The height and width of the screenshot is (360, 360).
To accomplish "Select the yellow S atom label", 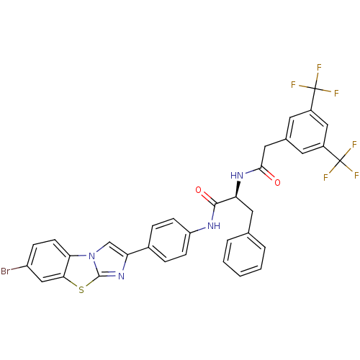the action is click(x=81, y=291).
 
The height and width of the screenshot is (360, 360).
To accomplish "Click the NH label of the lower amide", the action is click(x=212, y=226).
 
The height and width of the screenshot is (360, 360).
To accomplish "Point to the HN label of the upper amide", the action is click(x=238, y=175).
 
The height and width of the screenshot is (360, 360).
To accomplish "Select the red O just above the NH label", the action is click(x=199, y=190).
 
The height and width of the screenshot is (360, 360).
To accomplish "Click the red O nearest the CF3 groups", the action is click(x=277, y=182).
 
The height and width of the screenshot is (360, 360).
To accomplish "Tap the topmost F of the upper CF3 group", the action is click(x=319, y=68).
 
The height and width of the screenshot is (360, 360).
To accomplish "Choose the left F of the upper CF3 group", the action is click(x=293, y=85).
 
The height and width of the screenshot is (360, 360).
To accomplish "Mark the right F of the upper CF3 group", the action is click(x=336, y=93).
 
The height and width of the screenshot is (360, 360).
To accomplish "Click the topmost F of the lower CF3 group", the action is click(x=354, y=145).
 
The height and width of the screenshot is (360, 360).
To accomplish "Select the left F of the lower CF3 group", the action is click(x=325, y=177).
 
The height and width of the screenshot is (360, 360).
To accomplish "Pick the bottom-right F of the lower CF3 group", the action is click(x=356, y=176).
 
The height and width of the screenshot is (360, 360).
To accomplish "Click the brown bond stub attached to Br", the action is click(x=17, y=270).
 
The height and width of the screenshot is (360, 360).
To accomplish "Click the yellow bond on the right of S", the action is click(x=89, y=286).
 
